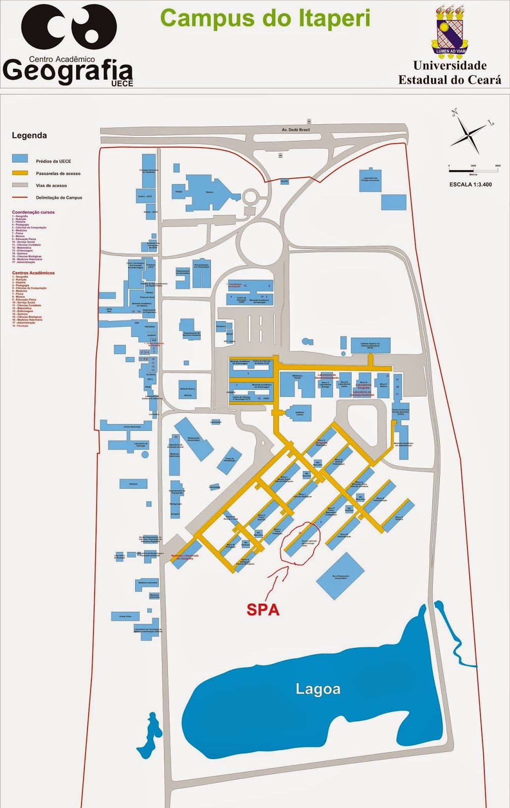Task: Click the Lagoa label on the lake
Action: [318, 689]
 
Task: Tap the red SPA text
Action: [263, 610]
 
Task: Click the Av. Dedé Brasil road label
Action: [296, 130]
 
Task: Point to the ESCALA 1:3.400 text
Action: [470, 184]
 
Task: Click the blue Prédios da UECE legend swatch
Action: [20, 159]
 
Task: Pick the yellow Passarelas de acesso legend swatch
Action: [20, 173]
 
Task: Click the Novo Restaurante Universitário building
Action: [341, 576]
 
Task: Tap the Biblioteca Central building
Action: [297, 384]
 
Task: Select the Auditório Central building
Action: [300, 413]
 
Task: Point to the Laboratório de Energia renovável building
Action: [371, 179]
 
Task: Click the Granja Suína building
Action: [125, 617]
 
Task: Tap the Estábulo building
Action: [133, 484]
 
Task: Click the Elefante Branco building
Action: [187, 389]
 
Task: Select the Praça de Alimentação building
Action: [230, 460]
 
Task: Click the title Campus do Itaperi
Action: [265, 19]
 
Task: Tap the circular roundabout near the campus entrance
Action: [261, 243]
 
